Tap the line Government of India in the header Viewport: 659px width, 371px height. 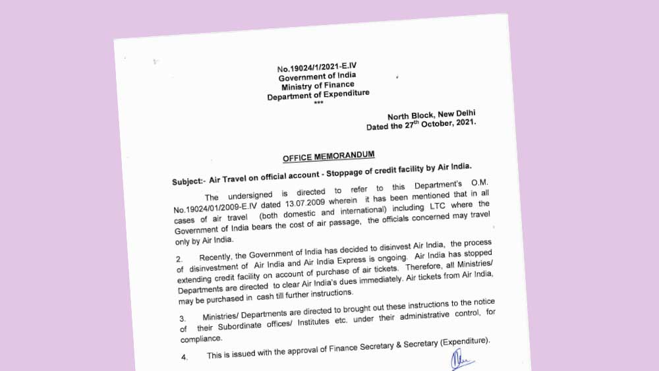pos(317,76)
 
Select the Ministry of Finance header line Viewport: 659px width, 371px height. pos(318,86)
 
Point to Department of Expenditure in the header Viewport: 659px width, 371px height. pos(318,96)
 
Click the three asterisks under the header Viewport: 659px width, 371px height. pos(319,103)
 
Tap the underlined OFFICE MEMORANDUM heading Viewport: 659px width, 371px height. pos(329,157)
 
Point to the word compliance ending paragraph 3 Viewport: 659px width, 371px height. pos(202,338)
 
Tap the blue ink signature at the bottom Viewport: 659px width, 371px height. pos(462,360)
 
